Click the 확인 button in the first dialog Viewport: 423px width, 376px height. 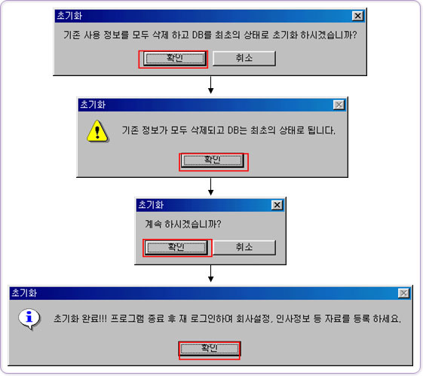point(175,58)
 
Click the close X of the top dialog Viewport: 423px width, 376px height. point(357,16)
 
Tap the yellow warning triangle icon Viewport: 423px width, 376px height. point(98,131)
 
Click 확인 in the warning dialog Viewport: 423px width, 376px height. point(213,160)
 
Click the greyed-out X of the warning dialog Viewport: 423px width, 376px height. point(339,105)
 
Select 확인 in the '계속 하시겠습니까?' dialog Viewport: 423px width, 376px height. point(176,247)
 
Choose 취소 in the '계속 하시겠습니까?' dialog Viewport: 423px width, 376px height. point(244,247)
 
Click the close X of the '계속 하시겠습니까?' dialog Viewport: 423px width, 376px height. point(277,205)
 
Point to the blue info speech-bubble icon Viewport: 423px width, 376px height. point(29,319)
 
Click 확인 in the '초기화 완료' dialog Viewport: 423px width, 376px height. point(210,349)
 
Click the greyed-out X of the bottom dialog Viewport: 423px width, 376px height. point(403,293)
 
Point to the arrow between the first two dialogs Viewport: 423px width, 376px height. point(210,85)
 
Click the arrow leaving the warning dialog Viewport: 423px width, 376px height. point(210,187)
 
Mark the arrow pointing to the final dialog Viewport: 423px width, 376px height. point(210,274)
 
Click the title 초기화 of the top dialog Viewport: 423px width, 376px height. point(69,16)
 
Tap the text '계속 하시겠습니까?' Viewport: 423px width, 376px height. point(183,224)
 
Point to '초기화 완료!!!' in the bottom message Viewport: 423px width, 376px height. point(80,319)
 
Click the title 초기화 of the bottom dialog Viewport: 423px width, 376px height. point(24,292)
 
